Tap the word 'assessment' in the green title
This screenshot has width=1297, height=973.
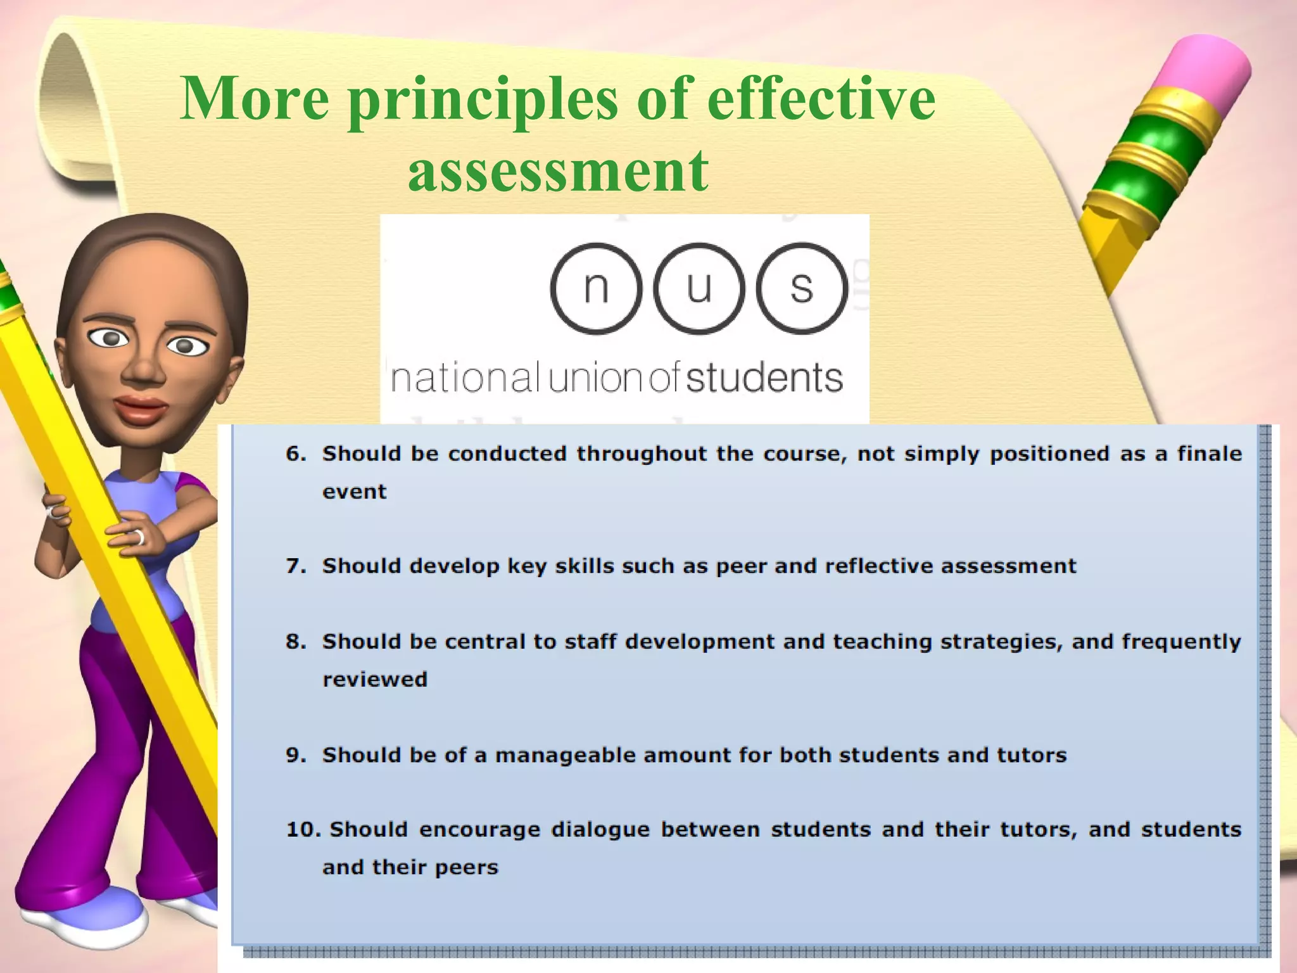(x=558, y=170)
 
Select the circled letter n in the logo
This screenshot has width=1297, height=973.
(x=596, y=289)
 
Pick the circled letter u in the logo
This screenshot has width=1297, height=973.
(x=699, y=289)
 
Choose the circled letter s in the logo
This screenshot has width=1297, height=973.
(x=801, y=289)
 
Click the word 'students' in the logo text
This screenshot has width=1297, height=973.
(x=764, y=378)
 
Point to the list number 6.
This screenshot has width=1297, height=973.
(x=295, y=454)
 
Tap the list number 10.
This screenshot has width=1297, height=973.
(x=304, y=830)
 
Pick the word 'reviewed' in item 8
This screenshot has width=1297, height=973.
(x=375, y=680)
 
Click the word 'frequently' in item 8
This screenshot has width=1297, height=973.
(x=1181, y=642)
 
